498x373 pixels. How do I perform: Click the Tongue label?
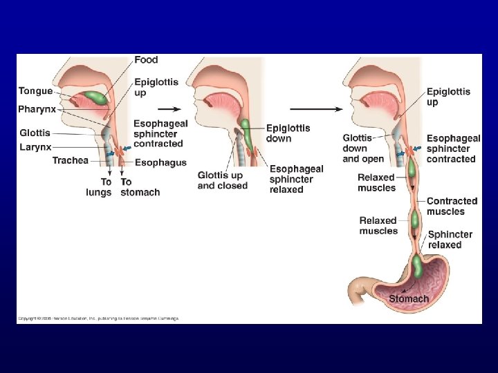coord(35,91)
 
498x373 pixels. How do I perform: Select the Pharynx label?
coord(37,109)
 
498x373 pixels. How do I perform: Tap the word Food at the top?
coord(146,60)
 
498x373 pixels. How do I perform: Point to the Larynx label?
coord(36,146)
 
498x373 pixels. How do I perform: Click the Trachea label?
coord(71,161)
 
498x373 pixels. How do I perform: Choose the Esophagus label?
coord(160,163)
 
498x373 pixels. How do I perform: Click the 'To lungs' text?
coord(98,187)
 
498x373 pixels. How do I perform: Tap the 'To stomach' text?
coord(140,187)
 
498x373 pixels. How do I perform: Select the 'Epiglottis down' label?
coord(288,133)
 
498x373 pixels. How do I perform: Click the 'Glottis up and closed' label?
coord(222,180)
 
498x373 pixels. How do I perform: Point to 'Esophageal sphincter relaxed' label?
coord(296,179)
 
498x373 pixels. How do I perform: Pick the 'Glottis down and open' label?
coord(362,149)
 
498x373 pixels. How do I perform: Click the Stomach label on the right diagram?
coord(409,299)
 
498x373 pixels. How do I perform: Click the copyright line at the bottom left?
coord(98,318)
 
